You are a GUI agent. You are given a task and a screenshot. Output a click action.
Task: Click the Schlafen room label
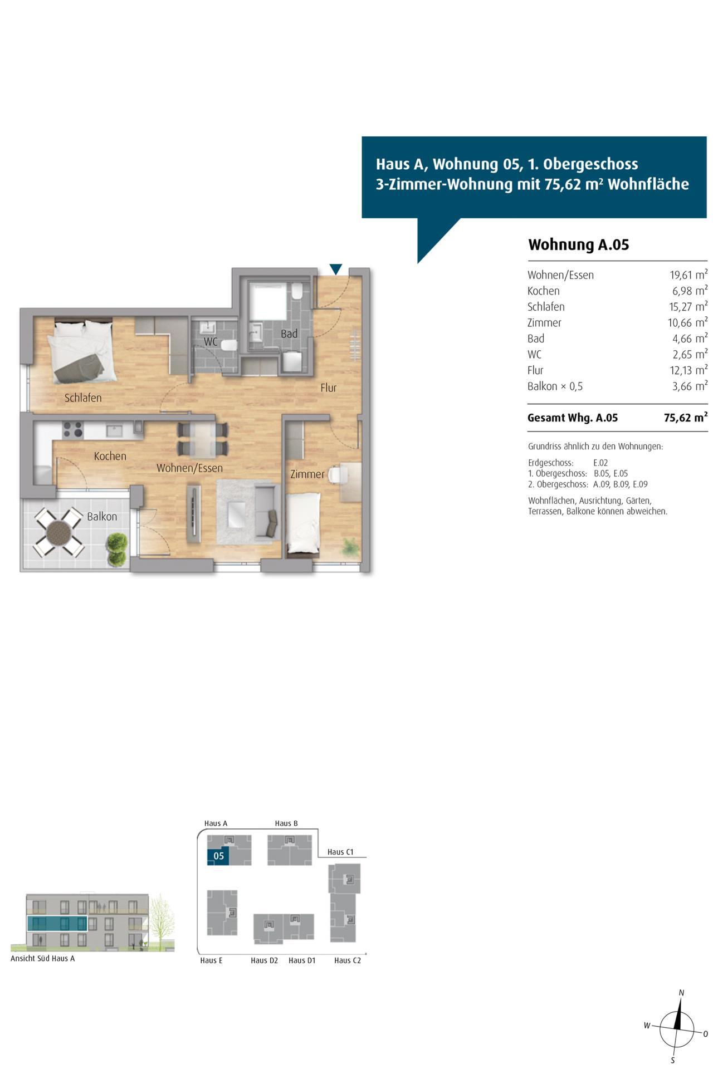[83, 398]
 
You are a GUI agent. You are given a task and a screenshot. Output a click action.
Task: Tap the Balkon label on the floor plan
[102, 516]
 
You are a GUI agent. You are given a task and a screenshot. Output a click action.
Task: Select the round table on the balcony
[59, 533]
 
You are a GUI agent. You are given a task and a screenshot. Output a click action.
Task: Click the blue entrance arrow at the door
[335, 269]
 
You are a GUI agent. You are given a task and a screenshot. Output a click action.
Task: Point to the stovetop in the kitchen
[72, 429]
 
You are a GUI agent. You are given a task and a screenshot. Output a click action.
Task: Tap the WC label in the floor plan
[211, 341]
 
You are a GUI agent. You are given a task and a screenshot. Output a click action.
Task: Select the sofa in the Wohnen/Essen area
[266, 511]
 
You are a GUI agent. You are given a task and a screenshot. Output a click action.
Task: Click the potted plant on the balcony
[117, 550]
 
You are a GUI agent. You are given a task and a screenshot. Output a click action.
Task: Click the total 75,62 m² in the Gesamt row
[686, 418]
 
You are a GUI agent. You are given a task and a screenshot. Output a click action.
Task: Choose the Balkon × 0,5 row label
[555, 386]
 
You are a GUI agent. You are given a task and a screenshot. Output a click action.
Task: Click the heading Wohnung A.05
[578, 245]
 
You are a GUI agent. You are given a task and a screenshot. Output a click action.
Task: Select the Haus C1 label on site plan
[340, 852]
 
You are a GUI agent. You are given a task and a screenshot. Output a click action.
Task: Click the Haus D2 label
[264, 960]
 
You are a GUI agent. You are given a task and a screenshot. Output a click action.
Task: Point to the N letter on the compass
[681, 993]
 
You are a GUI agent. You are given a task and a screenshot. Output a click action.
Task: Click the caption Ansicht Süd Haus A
[42, 959]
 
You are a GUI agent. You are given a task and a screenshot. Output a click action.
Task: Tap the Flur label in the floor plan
[328, 388]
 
